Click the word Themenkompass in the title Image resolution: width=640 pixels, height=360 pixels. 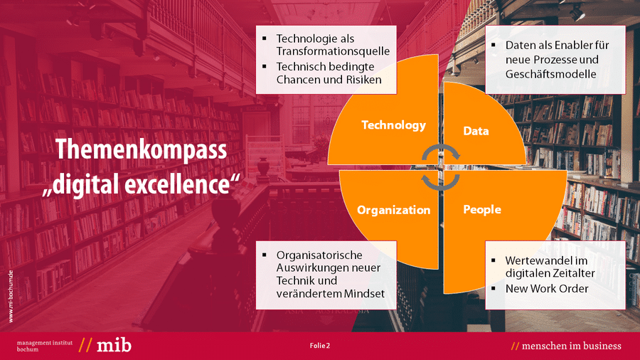tap(141, 150)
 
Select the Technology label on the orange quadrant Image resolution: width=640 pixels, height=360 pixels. tap(393, 125)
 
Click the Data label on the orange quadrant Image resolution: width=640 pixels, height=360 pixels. tap(476, 131)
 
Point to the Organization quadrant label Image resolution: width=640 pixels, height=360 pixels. tap(393, 210)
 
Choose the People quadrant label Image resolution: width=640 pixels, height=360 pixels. tap(482, 209)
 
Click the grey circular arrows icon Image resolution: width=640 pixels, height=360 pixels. tap(441, 167)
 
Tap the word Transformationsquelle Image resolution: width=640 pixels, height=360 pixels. tap(333, 51)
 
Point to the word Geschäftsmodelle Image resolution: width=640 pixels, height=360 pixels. tap(550, 74)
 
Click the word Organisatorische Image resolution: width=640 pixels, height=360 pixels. tap(319, 255)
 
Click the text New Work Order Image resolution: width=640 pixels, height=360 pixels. tap(547, 289)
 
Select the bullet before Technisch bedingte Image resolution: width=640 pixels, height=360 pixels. tap(265, 66)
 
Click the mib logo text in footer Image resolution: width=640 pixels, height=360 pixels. tap(114, 345)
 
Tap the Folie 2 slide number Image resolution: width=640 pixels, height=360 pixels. tap(319, 346)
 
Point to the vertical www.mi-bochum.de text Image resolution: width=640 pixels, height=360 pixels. tap(11, 297)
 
